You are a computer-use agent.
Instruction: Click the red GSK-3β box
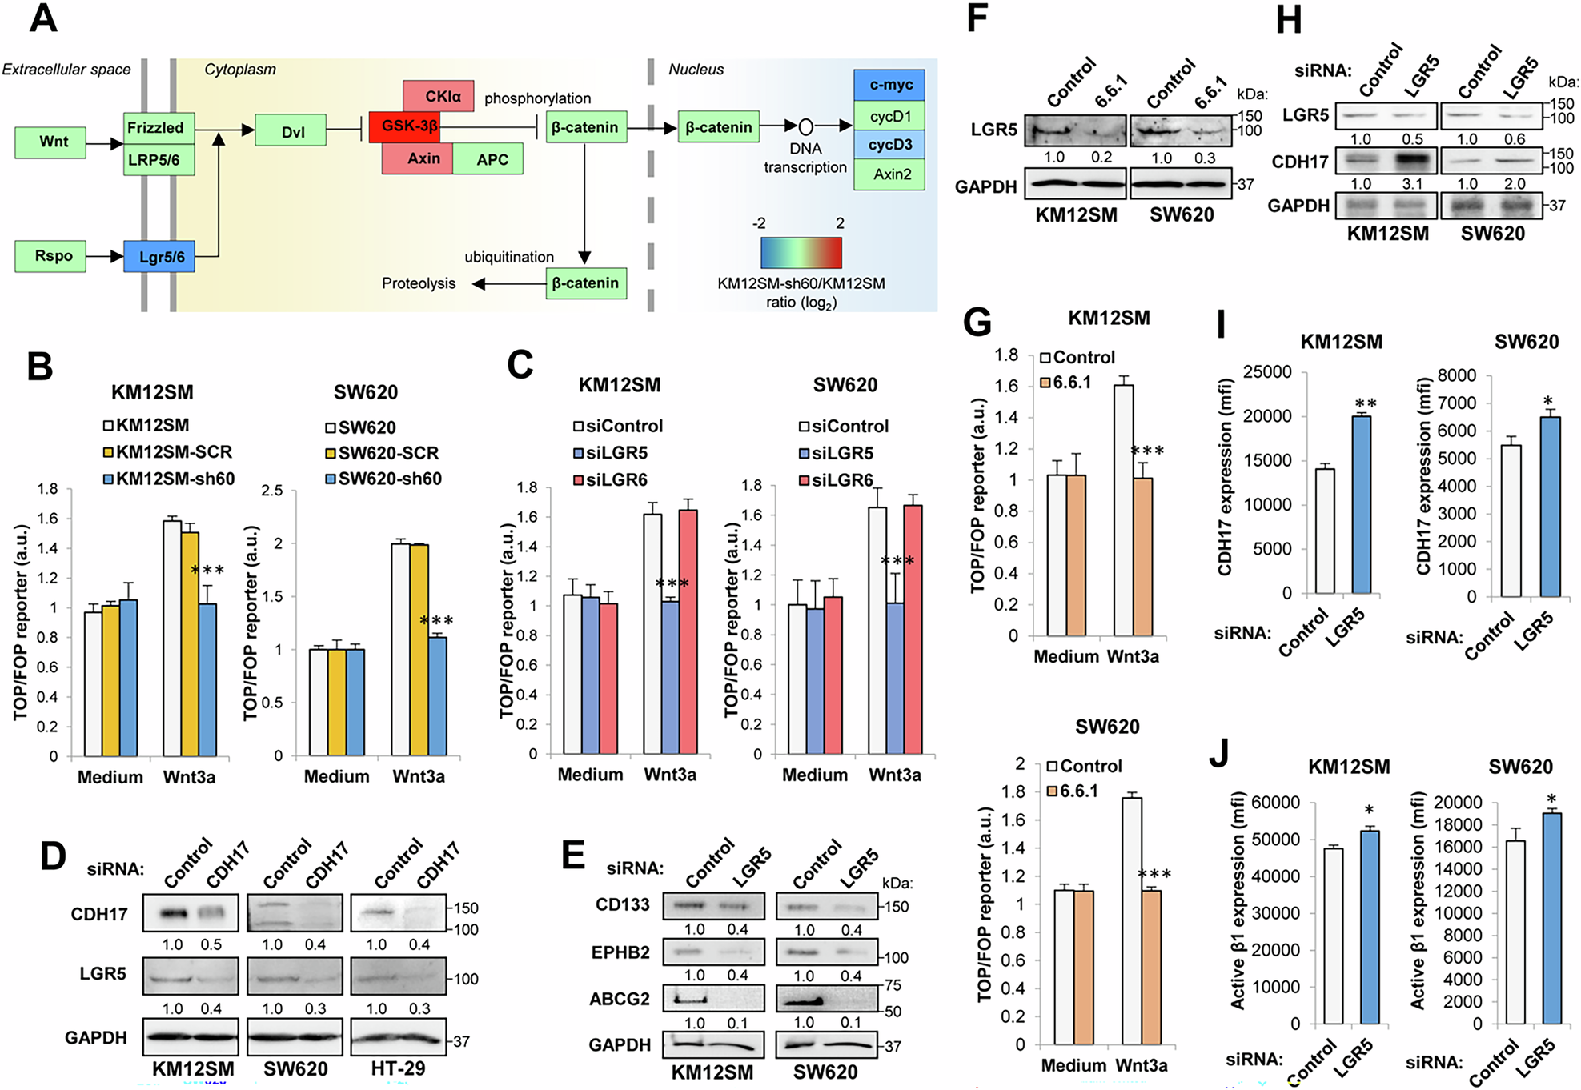pyautogui.click(x=404, y=126)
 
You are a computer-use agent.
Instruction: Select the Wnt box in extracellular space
pyautogui.click(x=50, y=142)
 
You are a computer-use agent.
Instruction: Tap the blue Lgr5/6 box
pyautogui.click(x=159, y=257)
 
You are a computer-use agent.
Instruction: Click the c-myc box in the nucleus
pyautogui.click(x=889, y=85)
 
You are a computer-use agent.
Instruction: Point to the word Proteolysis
pyautogui.click(x=418, y=283)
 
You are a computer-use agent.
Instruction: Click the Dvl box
pyautogui.click(x=291, y=131)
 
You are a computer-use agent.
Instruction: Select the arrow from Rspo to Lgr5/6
pyautogui.click(x=105, y=257)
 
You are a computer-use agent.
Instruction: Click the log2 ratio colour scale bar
pyautogui.click(x=801, y=252)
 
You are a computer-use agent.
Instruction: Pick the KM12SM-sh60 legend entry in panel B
pyautogui.click(x=170, y=479)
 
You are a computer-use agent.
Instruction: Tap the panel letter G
pyautogui.click(x=977, y=323)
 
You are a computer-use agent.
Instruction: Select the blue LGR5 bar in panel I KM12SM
pyautogui.click(x=1361, y=504)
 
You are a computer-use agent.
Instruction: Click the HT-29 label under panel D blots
pyautogui.click(x=398, y=1069)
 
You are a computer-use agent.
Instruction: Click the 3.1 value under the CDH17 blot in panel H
pyautogui.click(x=1412, y=184)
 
